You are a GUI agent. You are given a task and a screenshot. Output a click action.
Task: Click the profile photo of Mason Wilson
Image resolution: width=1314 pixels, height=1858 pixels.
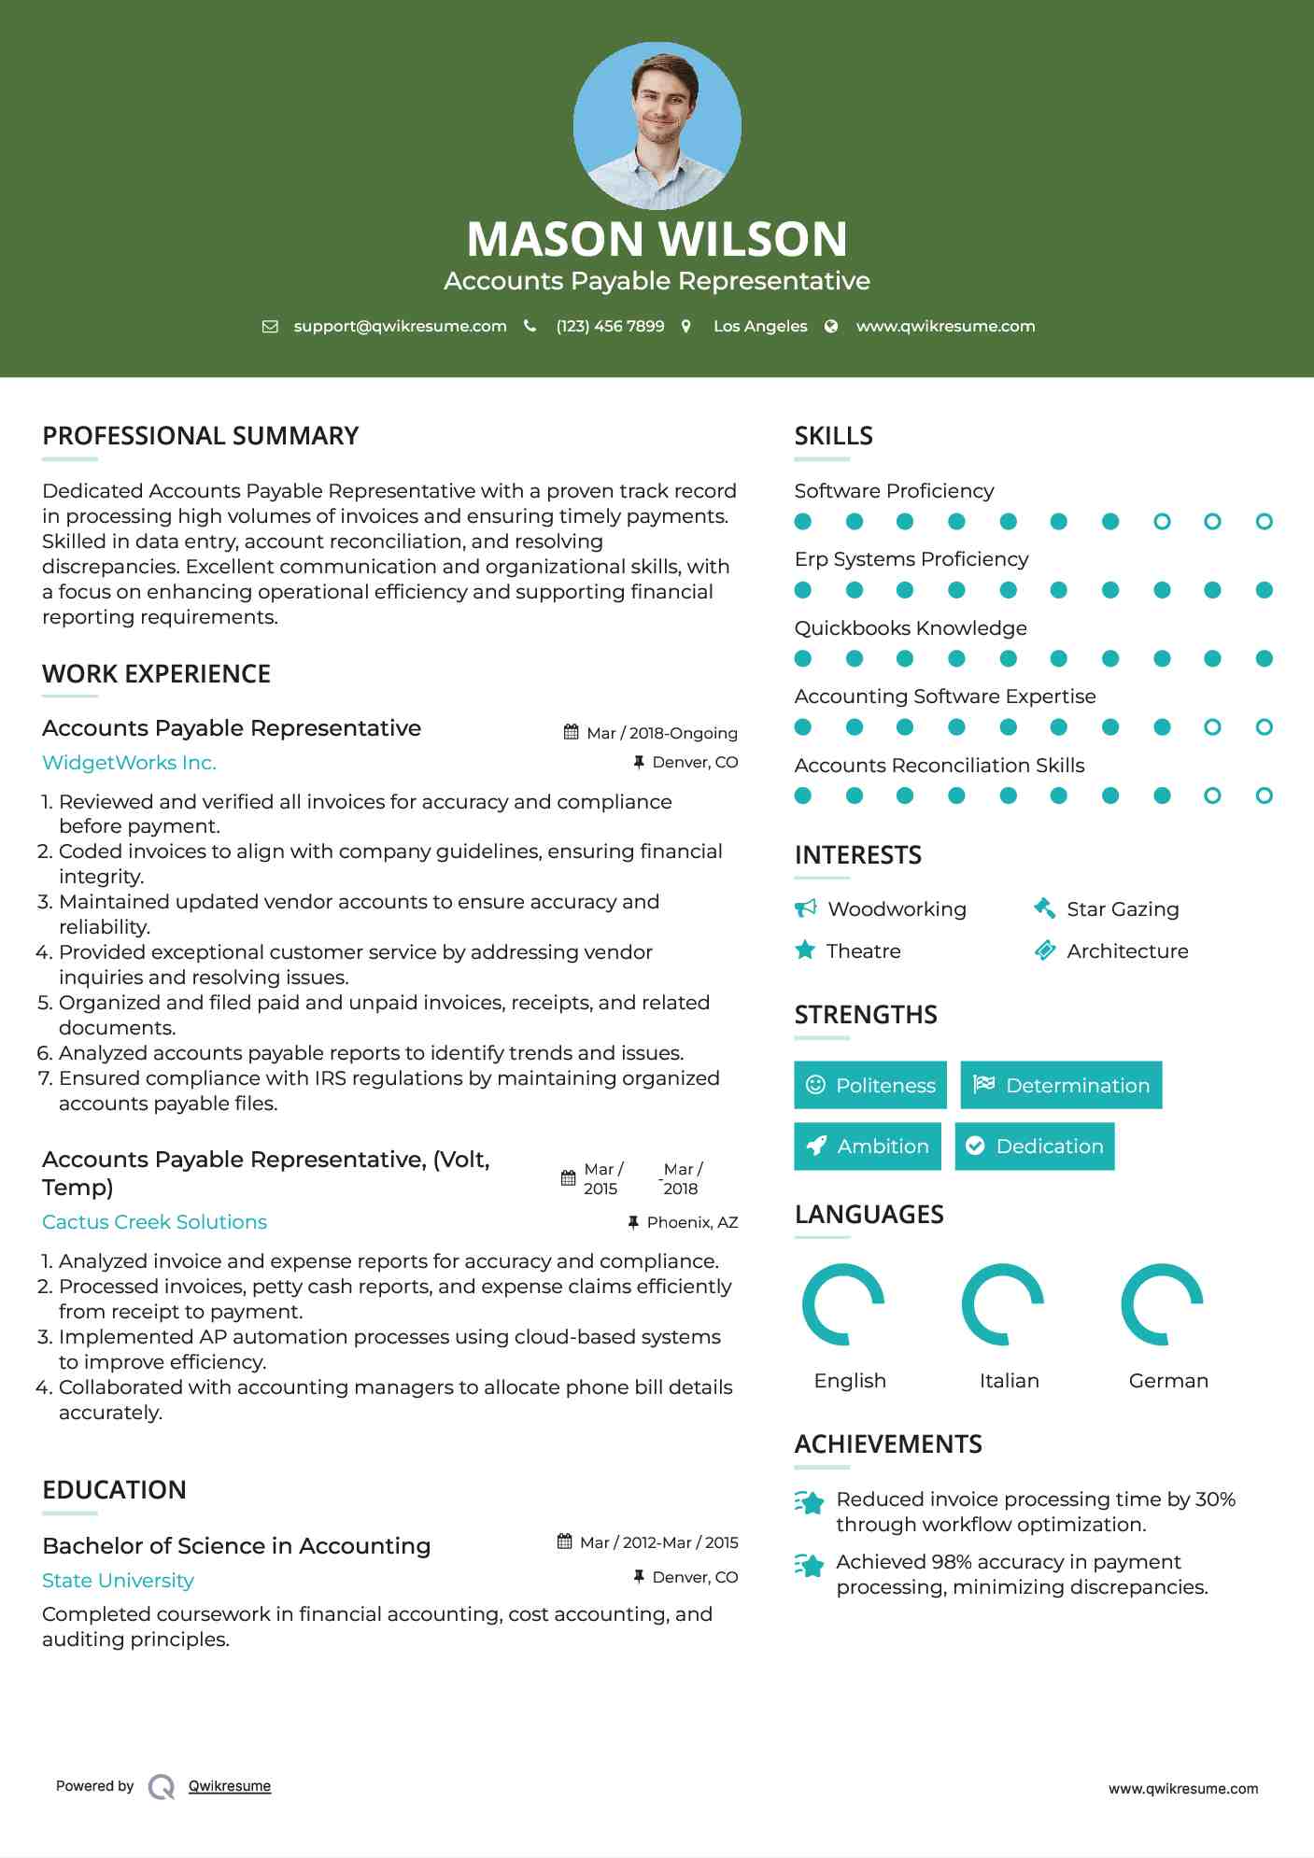point(657,125)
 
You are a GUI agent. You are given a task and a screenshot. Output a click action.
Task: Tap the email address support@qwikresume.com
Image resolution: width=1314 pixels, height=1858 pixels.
point(400,326)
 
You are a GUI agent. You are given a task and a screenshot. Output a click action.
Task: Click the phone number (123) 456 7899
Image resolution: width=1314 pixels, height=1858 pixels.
point(610,326)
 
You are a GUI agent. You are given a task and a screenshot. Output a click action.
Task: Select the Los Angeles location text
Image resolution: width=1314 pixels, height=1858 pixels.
point(760,326)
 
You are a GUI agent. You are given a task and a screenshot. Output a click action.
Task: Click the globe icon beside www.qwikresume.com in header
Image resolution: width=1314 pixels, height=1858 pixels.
point(831,326)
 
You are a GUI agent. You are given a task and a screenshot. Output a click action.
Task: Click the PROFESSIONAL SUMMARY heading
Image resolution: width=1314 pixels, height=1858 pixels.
point(201,436)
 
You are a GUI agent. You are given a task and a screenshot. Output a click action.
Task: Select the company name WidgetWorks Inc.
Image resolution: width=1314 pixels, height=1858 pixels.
point(129,763)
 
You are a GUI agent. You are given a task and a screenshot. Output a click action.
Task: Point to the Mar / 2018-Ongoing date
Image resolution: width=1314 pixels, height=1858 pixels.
point(661,733)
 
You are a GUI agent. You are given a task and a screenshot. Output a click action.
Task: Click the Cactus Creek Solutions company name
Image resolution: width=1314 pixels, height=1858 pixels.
point(154,1222)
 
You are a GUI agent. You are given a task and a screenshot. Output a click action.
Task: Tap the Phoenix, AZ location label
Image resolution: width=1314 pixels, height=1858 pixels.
point(692,1222)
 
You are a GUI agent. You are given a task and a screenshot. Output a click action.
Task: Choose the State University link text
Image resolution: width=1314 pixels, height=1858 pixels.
point(118,1581)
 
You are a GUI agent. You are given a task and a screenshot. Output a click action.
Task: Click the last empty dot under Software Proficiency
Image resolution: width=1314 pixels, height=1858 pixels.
point(1264,522)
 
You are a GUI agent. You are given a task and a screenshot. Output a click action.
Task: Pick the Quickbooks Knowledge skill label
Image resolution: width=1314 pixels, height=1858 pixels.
point(911,628)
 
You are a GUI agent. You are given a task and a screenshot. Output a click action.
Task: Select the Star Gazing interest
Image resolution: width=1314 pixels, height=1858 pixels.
point(1123,909)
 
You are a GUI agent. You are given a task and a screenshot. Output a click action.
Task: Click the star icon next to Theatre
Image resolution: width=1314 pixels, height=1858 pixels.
point(805,950)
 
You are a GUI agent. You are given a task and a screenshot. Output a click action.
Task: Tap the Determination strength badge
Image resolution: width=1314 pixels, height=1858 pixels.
point(1061,1085)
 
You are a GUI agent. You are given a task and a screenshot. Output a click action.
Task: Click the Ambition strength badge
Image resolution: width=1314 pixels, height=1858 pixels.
point(868,1147)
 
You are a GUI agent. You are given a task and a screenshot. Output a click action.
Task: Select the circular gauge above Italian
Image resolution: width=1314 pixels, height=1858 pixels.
point(1003,1304)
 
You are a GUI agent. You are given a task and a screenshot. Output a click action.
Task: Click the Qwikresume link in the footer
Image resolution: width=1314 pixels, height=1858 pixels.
point(230,1786)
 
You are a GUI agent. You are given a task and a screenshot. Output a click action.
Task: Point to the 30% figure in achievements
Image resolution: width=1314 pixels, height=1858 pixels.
point(1215,1499)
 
